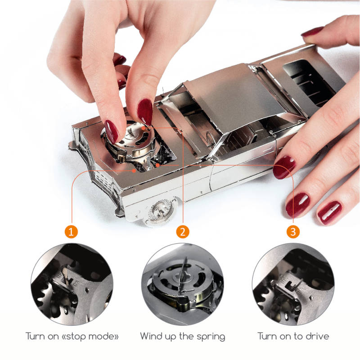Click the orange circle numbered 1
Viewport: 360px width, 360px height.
(x=71, y=231)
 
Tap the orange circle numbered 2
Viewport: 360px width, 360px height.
(x=183, y=231)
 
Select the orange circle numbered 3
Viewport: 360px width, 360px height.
(x=293, y=231)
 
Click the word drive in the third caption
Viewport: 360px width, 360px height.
(x=317, y=336)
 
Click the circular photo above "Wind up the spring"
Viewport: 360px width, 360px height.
(x=183, y=284)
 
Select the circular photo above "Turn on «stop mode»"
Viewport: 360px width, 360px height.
(x=72, y=284)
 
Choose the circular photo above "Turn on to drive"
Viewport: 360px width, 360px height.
(x=293, y=284)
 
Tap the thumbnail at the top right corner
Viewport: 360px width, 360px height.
(x=312, y=31)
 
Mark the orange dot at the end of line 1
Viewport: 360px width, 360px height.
(x=134, y=171)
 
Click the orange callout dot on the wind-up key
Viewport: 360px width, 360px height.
(x=144, y=128)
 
